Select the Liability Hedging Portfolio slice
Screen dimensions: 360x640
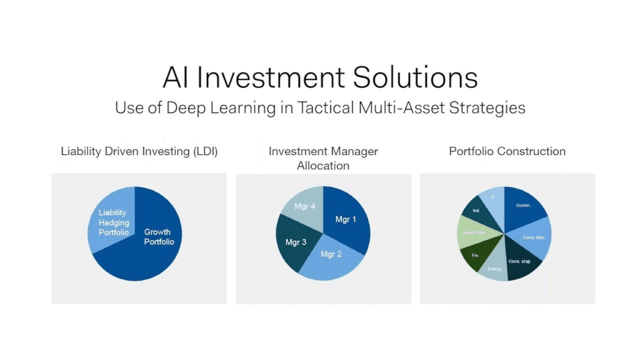[113, 222]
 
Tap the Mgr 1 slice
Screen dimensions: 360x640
[345, 219]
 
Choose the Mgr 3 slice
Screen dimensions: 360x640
[295, 242]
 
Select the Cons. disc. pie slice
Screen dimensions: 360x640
[533, 237]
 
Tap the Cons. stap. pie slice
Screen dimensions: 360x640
[521, 262]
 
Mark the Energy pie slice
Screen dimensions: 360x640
[494, 267]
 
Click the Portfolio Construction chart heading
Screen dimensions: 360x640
[507, 151]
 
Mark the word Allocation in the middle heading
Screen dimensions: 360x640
[323, 166]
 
